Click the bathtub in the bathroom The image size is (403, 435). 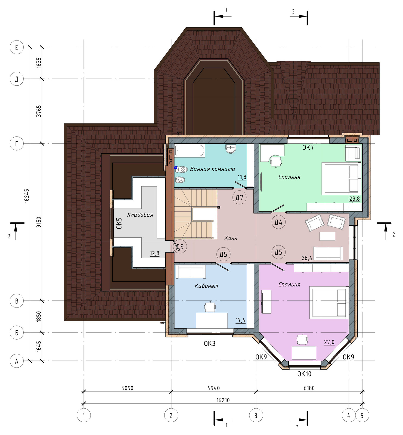pos(190,150)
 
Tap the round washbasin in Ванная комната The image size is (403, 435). pos(231,148)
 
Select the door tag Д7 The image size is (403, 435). pos(239,197)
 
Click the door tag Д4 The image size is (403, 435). pos(278,222)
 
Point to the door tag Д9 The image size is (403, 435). pos(180,247)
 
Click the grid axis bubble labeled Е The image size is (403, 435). pos(17,47)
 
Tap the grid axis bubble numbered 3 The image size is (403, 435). pos(256,415)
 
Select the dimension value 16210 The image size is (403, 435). pos(223,400)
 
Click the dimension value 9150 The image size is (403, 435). pos(39,222)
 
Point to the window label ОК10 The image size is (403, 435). pos(304,374)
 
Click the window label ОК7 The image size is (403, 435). pos(308,148)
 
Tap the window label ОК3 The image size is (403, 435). pos(210,344)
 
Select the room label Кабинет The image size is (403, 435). pos(206,286)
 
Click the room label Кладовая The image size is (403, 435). pos(140,215)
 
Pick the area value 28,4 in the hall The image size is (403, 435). pos(307,258)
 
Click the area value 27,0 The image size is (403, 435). pos(329,342)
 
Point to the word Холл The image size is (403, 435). pos(231,238)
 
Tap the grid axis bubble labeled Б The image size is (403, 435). pos(17,333)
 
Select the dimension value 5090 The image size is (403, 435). pos(127,388)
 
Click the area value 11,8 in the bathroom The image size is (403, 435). pos(242,177)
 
